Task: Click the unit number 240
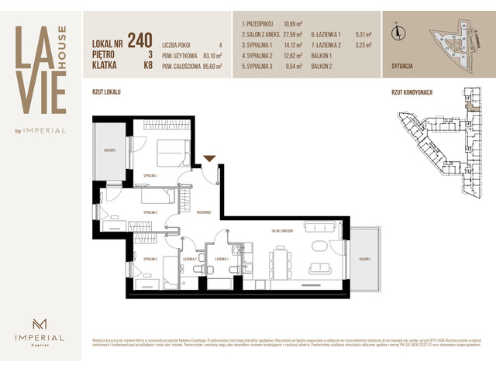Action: [139, 40]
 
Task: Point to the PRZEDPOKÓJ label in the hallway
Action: [204, 212]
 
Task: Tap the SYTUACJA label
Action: [407, 67]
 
